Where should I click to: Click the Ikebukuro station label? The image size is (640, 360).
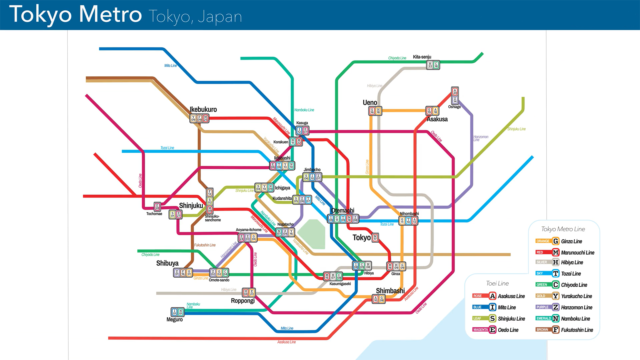pos(204,109)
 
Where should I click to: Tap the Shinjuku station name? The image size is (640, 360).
pos(191,207)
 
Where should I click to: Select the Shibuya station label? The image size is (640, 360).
pos(166,263)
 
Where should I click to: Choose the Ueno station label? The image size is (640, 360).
pos(370,103)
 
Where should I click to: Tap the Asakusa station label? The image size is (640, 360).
pos(436,119)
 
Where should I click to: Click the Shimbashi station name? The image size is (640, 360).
pos(391,290)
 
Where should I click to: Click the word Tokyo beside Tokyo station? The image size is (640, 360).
pos(362,237)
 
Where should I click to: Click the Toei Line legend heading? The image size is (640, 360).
pos(496,283)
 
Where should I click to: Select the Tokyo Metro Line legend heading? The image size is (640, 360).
pos(563,229)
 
